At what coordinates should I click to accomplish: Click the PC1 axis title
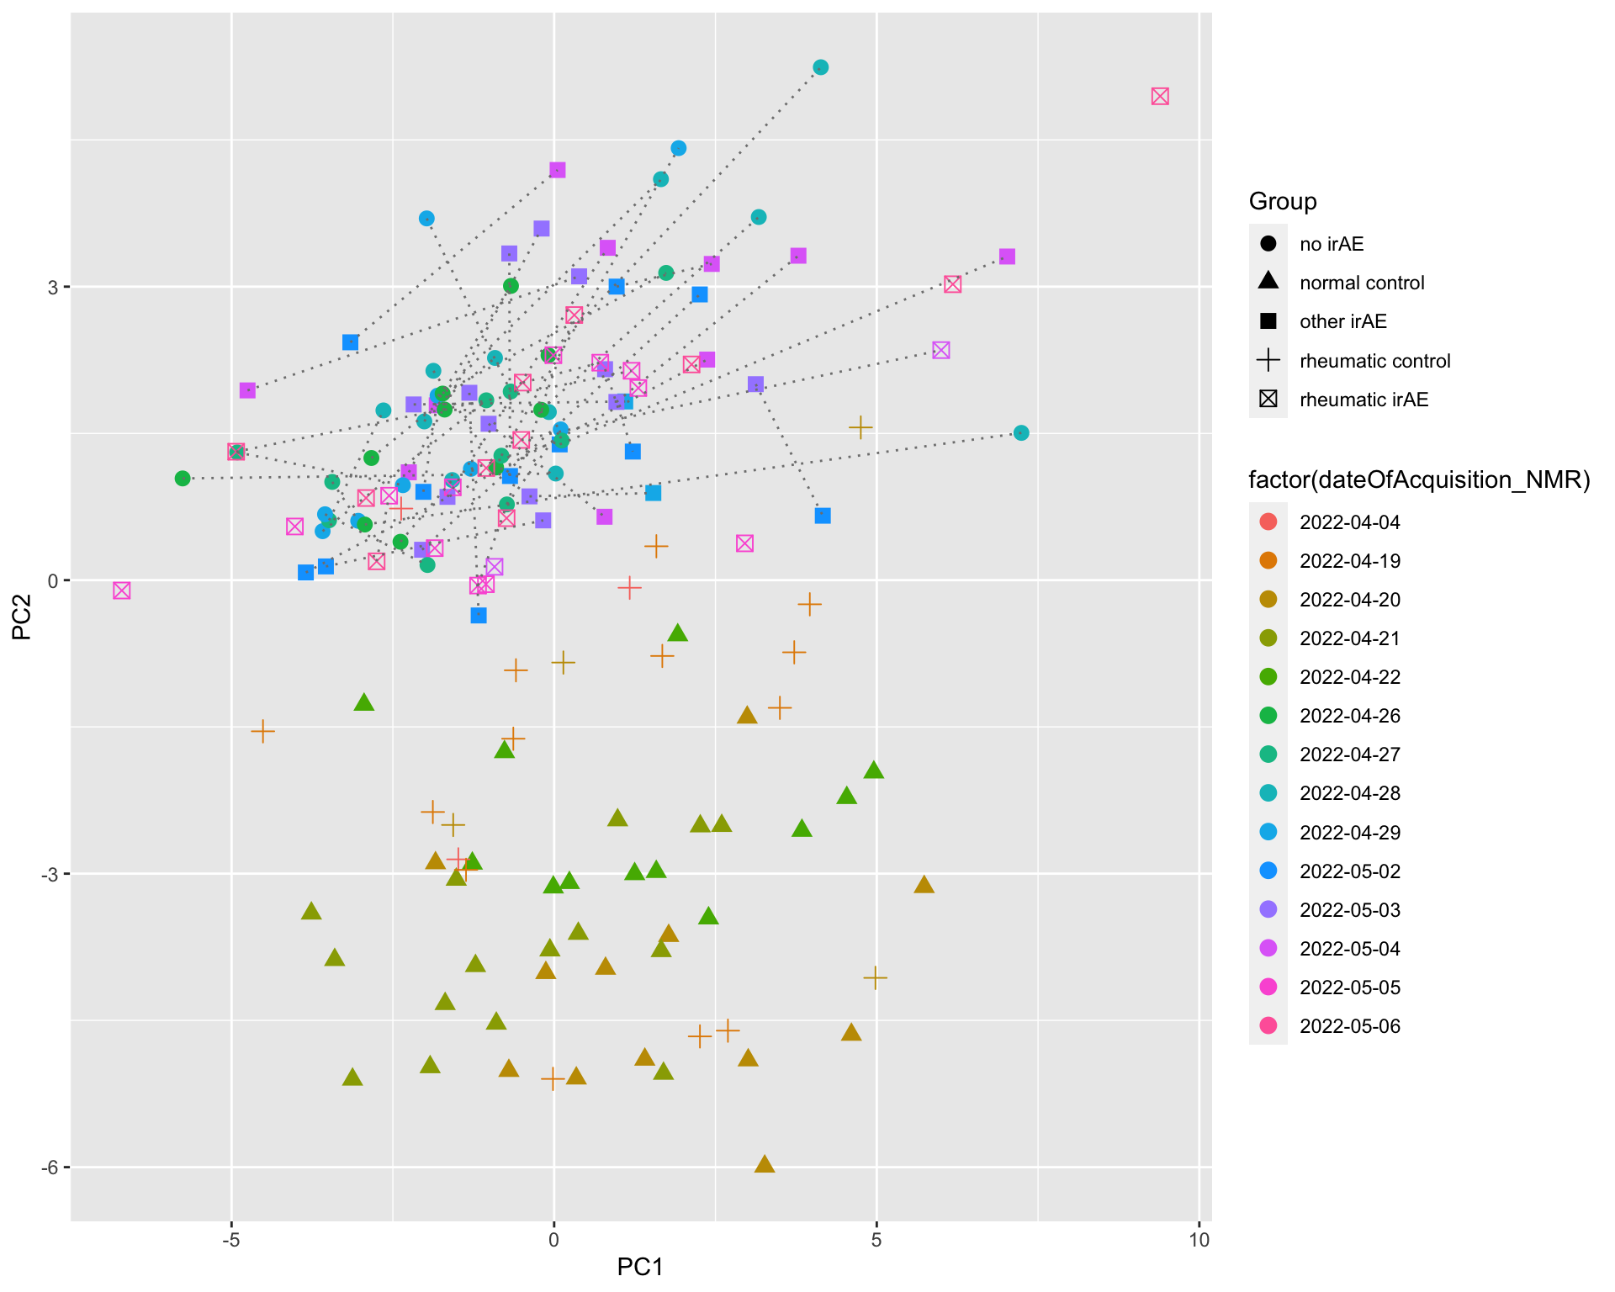(x=640, y=1266)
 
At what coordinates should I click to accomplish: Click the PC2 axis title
(x=22, y=617)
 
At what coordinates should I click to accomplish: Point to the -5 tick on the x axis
(x=231, y=1239)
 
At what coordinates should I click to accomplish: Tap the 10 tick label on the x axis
(x=1199, y=1239)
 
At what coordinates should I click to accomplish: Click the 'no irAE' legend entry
(x=1331, y=244)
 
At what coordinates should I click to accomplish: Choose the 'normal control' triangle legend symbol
(x=1268, y=283)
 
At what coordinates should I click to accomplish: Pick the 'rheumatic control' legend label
(x=1374, y=361)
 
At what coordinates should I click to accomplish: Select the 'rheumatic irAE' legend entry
(x=1363, y=400)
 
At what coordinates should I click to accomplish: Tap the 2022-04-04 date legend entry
(x=1349, y=522)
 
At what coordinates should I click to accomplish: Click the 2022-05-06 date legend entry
(x=1349, y=1026)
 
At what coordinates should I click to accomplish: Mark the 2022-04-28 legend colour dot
(x=1268, y=793)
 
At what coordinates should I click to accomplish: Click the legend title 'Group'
(x=1283, y=201)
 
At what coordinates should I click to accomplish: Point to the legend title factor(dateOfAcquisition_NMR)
(x=1419, y=479)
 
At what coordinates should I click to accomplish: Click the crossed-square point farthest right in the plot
(x=1160, y=96)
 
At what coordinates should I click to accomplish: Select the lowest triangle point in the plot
(x=765, y=1164)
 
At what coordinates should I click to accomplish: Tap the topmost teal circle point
(x=821, y=67)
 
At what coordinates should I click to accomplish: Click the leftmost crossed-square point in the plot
(x=122, y=590)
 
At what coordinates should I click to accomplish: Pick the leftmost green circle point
(x=183, y=478)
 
